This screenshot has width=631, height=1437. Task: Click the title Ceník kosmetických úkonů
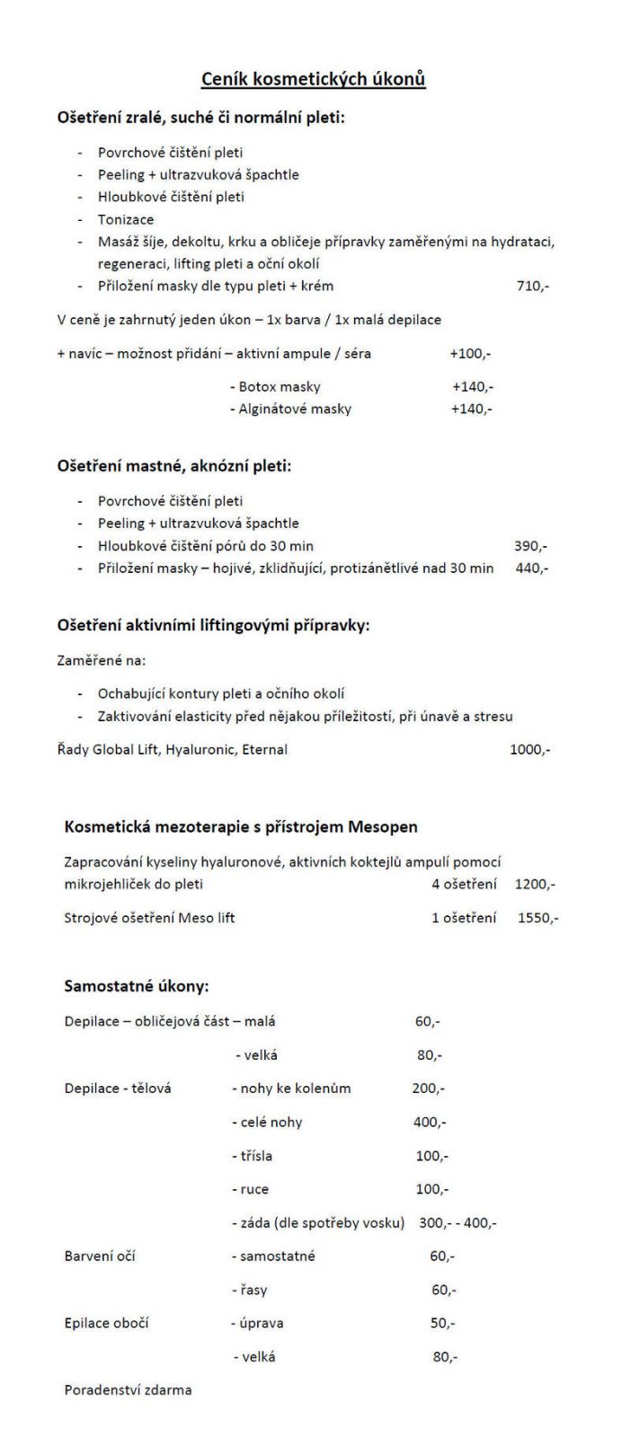coord(313,80)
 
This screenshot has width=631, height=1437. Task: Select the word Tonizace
coord(126,219)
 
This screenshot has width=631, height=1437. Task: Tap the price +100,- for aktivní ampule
coord(470,354)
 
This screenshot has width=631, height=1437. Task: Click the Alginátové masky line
coord(290,410)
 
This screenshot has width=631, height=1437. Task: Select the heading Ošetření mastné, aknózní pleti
coord(174,466)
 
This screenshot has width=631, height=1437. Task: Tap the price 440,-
coord(532,569)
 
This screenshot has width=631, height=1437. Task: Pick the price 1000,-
coord(530,749)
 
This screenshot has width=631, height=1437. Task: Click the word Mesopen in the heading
coord(384,827)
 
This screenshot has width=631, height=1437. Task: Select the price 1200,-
coord(535,885)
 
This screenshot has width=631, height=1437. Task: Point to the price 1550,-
coord(538,919)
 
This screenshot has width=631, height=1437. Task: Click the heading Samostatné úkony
coord(137,986)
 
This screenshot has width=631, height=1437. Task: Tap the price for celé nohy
coord(430,1123)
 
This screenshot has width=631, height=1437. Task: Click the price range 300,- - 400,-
coord(458,1223)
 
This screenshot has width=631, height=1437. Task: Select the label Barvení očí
coord(100,1256)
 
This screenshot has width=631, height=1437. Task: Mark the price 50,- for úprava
coord(442,1324)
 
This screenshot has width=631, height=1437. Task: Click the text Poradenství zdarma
coord(128,1390)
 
